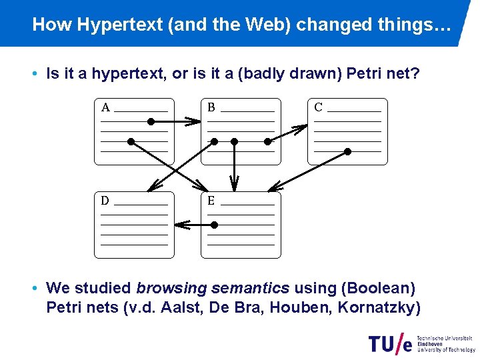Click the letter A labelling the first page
[x=105, y=107]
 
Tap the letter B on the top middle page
[x=211, y=107]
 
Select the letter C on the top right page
[x=318, y=107]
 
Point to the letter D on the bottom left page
[x=105, y=201]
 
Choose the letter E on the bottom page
[x=211, y=201]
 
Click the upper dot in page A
[x=151, y=122]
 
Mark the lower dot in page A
[x=131, y=141]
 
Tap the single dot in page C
[x=347, y=152]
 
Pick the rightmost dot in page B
[x=267, y=141]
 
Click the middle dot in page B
[x=234, y=141]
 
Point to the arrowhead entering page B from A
[x=193, y=122]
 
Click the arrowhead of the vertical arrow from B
[x=234, y=181]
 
